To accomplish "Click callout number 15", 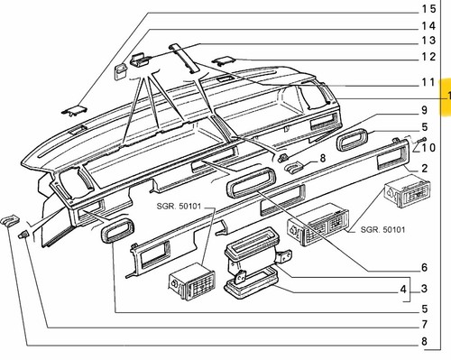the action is pos(428,9).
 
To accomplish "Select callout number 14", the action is pos(428,26).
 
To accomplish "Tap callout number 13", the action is pos(428,41).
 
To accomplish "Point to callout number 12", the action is pos(428,57).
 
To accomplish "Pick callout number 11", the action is pos(428,82).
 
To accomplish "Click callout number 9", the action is pos(424,110).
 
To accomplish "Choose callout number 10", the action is pos(428,148).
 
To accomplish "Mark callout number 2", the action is pos(424,168).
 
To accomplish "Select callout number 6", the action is pos(424,267).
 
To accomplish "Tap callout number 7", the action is pos(424,325).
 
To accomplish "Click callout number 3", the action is pos(424,289).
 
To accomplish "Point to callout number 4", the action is pos(403,290).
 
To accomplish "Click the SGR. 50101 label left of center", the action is pos(179,207).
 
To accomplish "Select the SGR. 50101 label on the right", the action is pos(382,230).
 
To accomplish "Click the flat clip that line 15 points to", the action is pos(74,110).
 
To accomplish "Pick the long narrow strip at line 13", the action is pos(184,59).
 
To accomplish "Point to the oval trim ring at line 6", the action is pos(251,183).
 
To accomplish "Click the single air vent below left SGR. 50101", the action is pos(192,282).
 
